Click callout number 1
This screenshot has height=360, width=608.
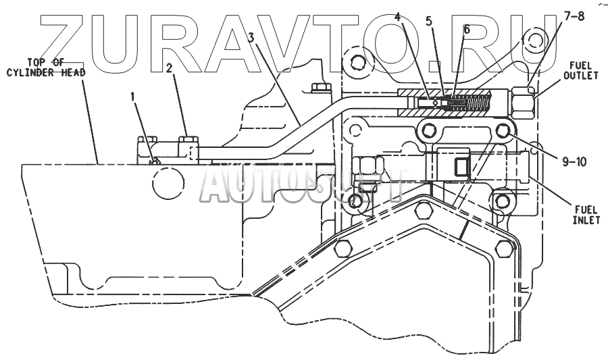click(134, 98)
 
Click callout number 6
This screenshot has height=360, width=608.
click(466, 30)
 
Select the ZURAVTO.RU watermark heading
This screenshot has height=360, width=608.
click(297, 42)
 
